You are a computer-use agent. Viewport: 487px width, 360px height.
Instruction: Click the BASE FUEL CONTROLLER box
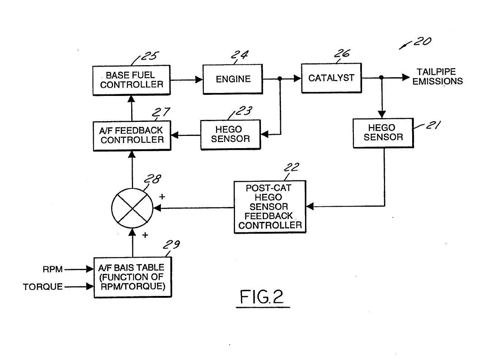click(131, 80)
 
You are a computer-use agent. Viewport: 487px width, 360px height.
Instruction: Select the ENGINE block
click(233, 79)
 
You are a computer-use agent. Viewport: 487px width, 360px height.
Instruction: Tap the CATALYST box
click(331, 78)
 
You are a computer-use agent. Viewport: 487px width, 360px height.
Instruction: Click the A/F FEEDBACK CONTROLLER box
click(132, 136)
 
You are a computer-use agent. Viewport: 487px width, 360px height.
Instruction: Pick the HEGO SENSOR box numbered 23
click(231, 134)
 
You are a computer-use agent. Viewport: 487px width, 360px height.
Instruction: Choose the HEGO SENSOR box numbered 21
click(383, 133)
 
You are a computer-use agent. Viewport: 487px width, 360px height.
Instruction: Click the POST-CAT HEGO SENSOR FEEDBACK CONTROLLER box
click(270, 207)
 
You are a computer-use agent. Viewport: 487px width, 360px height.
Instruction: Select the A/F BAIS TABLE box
click(133, 277)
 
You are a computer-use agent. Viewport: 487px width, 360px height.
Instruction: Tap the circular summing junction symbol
click(132, 208)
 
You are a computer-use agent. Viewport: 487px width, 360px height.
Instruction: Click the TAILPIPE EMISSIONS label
click(437, 77)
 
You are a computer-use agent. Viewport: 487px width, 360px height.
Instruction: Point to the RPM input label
click(53, 269)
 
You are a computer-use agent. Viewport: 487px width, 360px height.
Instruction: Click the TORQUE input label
click(43, 287)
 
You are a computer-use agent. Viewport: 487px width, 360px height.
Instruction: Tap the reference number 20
click(423, 41)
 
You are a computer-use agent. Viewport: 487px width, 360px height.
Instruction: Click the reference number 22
click(291, 167)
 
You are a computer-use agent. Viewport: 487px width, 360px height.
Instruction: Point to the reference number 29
click(172, 244)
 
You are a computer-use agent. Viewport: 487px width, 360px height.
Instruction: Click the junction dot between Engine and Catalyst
click(280, 79)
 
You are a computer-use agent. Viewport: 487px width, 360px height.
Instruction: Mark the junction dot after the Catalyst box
click(381, 77)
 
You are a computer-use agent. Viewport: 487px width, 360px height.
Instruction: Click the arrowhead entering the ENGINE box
click(199, 80)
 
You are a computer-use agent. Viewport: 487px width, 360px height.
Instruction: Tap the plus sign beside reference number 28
click(162, 197)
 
